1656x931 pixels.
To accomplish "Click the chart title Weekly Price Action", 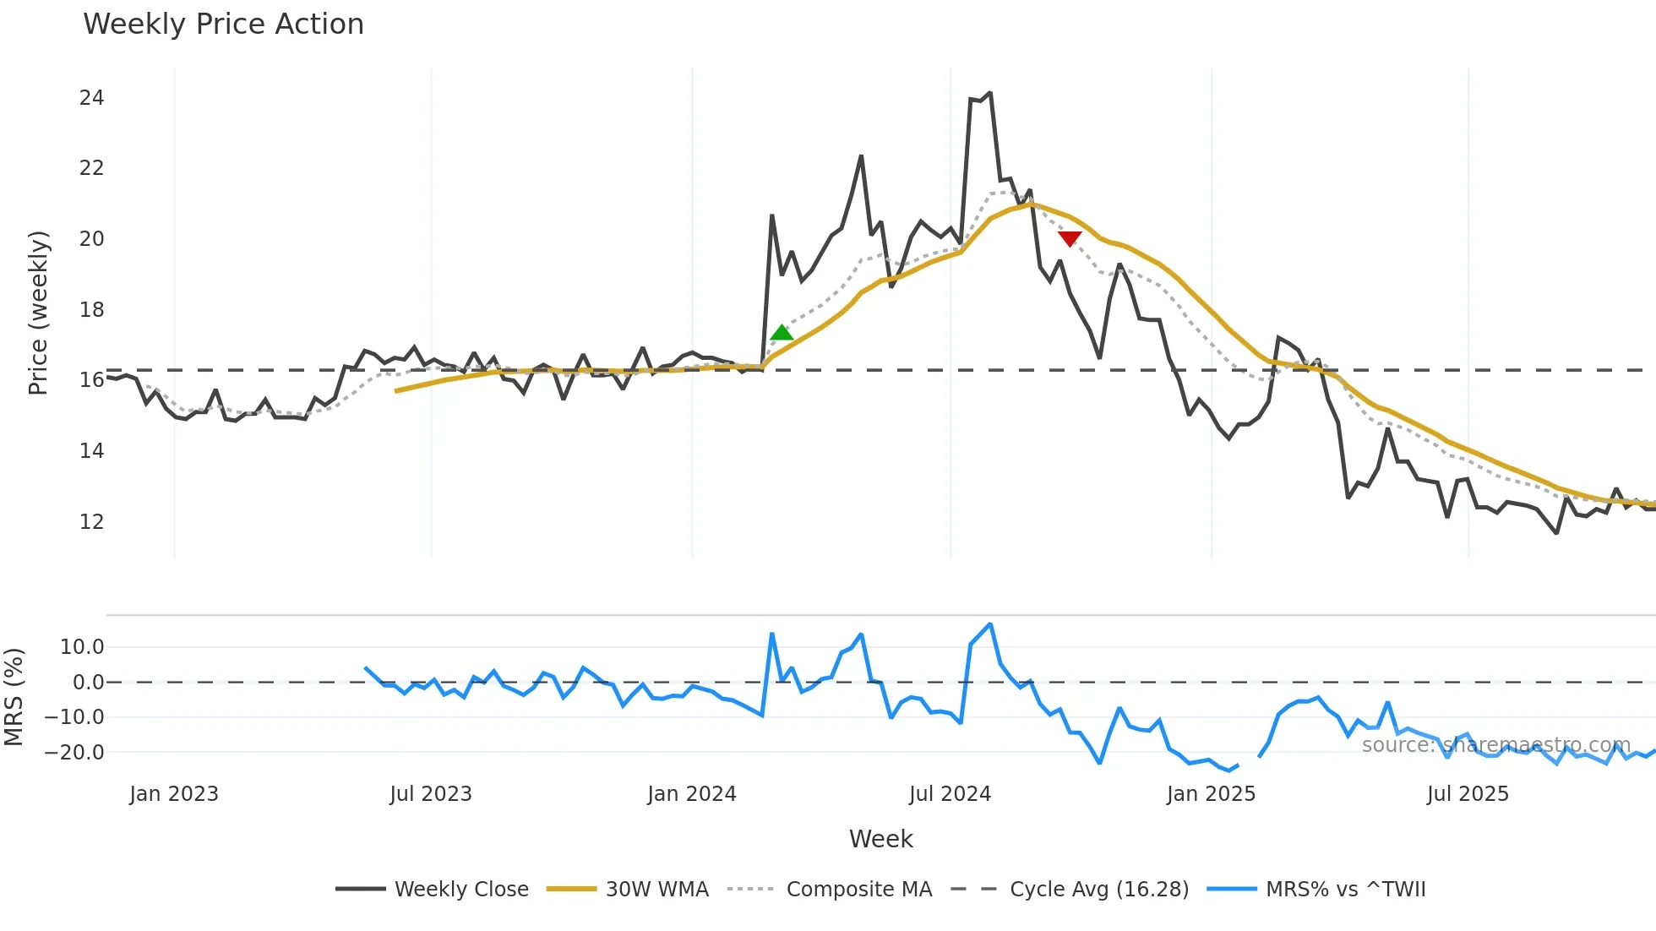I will [x=223, y=24].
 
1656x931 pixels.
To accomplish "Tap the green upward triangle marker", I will [x=782, y=333].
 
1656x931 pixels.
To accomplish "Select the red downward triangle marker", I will [x=1070, y=239].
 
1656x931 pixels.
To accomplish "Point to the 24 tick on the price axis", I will [x=91, y=98].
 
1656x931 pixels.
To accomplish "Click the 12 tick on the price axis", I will [x=91, y=522].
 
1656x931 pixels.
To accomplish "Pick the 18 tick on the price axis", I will [x=91, y=310].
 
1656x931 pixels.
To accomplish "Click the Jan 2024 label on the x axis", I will [x=692, y=794].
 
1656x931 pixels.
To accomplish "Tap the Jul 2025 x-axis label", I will [x=1468, y=794].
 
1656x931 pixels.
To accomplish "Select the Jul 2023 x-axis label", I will [x=431, y=794].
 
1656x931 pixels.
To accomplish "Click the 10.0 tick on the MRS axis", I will [x=82, y=647].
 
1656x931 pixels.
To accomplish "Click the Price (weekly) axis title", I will [x=38, y=313].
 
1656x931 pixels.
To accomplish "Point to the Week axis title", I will [x=880, y=839].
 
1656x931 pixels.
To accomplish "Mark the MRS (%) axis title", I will [x=14, y=697].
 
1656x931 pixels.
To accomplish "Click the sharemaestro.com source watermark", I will [x=1495, y=745].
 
